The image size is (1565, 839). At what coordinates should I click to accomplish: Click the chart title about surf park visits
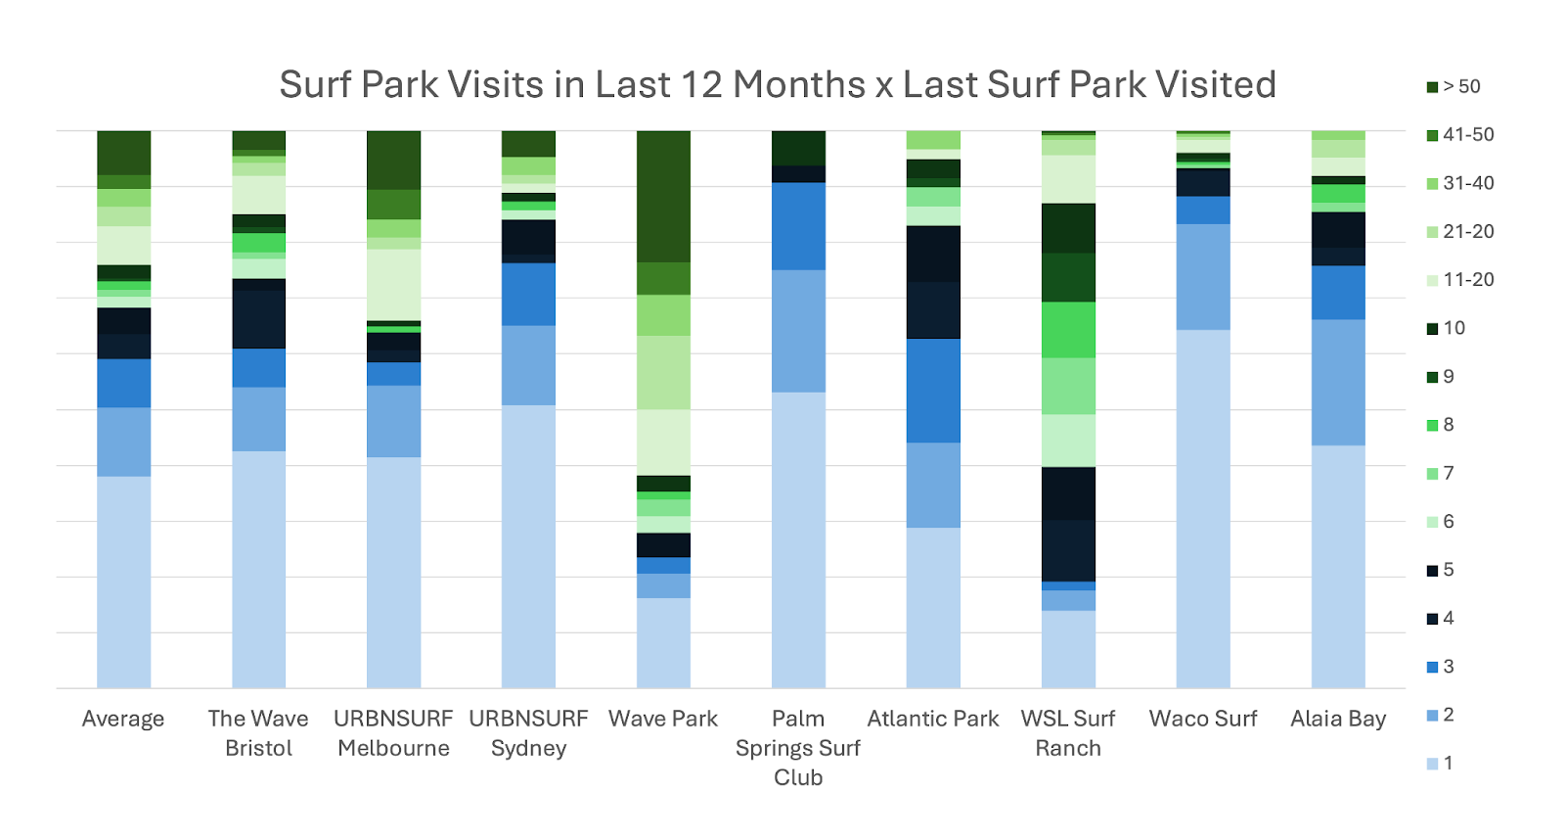(778, 85)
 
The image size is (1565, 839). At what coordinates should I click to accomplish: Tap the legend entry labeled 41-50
(1459, 135)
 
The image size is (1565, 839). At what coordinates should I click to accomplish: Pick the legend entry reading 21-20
(1459, 232)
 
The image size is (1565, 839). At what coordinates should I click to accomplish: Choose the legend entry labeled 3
(1440, 667)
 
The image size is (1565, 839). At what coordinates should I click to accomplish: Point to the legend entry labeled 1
(1440, 764)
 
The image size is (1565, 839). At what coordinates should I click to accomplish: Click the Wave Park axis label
(663, 719)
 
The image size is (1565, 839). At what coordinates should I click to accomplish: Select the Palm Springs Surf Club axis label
(798, 747)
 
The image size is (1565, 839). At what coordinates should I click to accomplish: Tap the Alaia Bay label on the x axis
(1338, 719)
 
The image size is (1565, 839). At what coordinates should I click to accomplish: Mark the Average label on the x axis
(123, 719)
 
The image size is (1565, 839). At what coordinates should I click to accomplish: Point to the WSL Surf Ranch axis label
(1068, 733)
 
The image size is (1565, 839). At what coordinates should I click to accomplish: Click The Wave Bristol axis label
(258, 733)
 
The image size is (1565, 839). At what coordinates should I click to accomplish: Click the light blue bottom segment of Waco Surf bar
(1203, 509)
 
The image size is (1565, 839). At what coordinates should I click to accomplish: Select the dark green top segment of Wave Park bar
(663, 196)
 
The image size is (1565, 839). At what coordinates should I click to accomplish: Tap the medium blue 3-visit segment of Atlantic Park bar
(933, 391)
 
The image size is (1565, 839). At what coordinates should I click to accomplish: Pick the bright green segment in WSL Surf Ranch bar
(1068, 330)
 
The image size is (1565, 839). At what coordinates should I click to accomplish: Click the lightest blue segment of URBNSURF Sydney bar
(528, 546)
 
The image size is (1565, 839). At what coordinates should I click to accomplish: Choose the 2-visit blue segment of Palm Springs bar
(798, 331)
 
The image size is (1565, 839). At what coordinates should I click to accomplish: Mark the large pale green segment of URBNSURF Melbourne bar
(393, 284)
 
